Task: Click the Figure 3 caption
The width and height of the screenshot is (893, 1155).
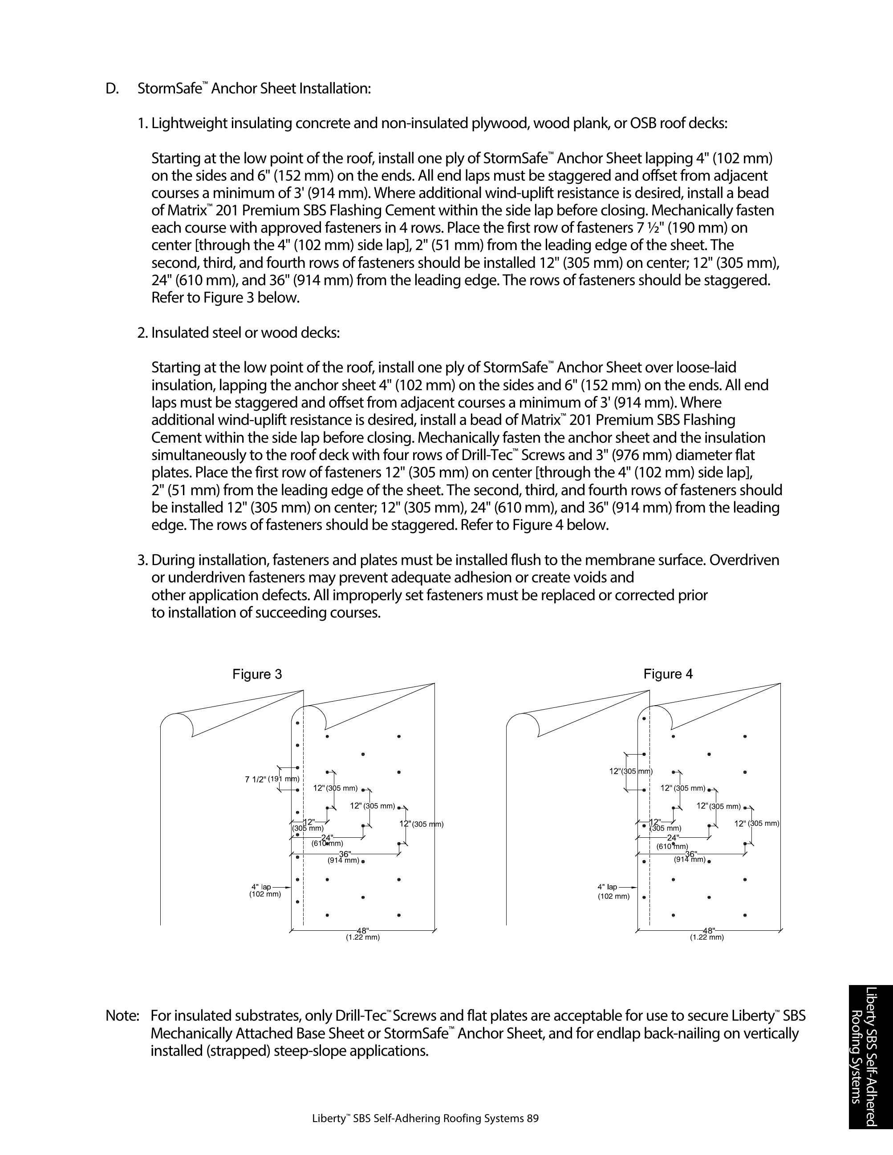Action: (x=257, y=674)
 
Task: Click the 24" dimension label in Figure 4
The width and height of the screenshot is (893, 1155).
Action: (x=672, y=838)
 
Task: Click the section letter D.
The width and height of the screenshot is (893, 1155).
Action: (x=112, y=89)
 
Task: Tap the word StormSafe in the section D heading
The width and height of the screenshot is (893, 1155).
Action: (x=169, y=89)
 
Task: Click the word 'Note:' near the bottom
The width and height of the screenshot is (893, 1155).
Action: (x=122, y=1016)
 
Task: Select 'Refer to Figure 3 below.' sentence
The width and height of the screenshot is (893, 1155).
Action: (x=225, y=298)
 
